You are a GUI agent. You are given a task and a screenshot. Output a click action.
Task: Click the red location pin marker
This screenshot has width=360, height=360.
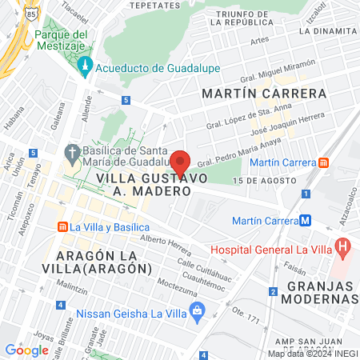pos(180,163)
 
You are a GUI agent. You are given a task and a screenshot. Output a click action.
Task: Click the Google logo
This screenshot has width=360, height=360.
pos(26,350)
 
